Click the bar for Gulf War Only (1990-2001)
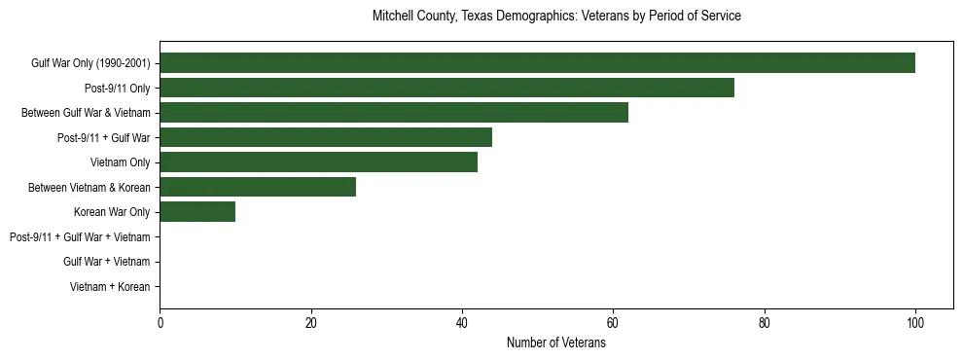(x=537, y=63)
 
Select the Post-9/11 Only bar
(x=446, y=88)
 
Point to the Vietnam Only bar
(x=318, y=162)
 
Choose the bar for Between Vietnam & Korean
(x=258, y=187)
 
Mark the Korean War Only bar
(x=197, y=212)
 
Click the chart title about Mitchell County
(x=556, y=17)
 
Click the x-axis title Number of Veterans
(x=556, y=342)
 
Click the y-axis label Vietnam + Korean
(x=110, y=287)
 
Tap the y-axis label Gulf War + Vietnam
(x=106, y=262)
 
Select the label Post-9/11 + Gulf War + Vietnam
(x=80, y=237)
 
